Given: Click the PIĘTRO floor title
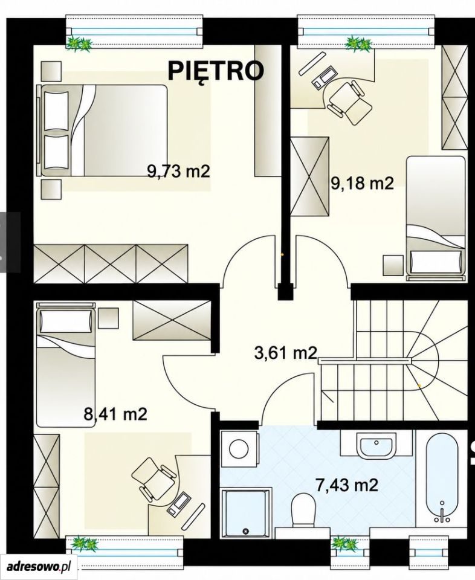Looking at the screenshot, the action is [x=216, y=71].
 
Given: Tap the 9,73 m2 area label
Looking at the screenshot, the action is [x=179, y=172].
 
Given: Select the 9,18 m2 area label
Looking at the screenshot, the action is [x=362, y=183].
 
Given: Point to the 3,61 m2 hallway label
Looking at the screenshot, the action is [x=286, y=353].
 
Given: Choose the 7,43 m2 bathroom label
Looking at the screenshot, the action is [x=347, y=485].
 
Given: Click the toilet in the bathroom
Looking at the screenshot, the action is [x=303, y=510].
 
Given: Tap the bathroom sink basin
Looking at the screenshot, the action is [x=376, y=446].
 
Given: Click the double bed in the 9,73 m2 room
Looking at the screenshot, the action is [x=103, y=130].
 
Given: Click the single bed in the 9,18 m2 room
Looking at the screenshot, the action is [x=436, y=218].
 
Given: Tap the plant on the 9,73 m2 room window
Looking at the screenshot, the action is [x=79, y=44].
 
